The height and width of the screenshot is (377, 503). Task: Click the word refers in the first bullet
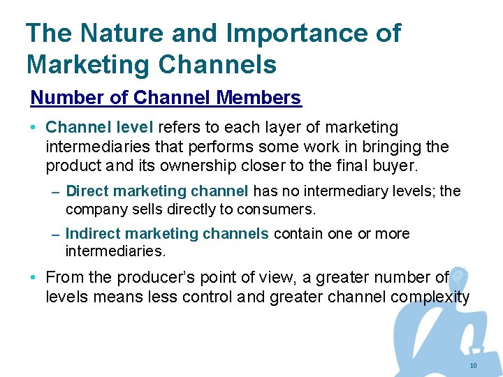[180, 128]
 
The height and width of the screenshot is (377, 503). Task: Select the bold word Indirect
[92, 233]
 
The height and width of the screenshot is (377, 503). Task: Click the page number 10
[474, 366]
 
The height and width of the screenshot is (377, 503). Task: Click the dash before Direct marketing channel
[55, 191]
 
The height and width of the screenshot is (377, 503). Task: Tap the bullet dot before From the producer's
[34, 278]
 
